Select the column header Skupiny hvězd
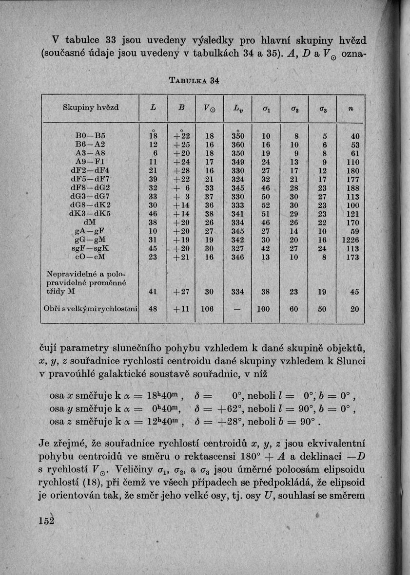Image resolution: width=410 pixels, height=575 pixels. [x=91, y=107]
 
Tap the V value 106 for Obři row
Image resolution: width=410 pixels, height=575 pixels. [x=210, y=309]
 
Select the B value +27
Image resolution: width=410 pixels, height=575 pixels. [x=179, y=292]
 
